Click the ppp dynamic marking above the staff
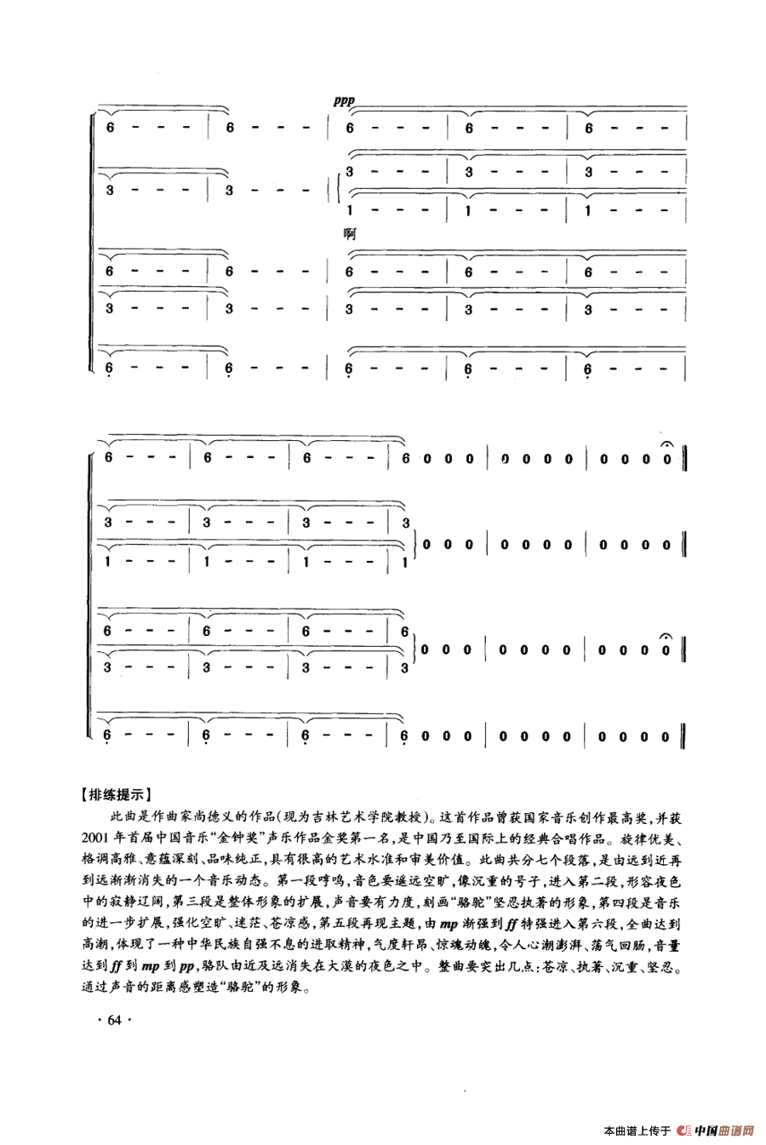[x=343, y=100]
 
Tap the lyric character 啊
[x=348, y=233]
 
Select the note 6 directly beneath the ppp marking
[x=348, y=128]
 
